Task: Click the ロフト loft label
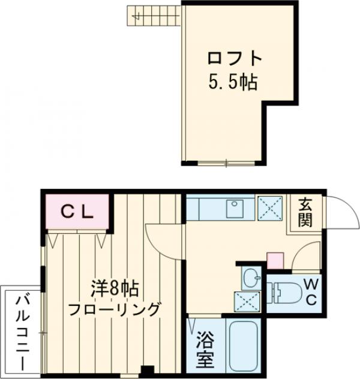tap(235, 59)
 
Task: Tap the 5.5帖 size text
tap(233, 82)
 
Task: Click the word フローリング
tap(115, 309)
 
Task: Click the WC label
tap(311, 292)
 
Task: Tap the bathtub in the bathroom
tap(245, 346)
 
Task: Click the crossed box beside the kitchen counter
tap(271, 209)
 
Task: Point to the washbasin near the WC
tap(251, 277)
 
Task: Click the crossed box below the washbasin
tap(247, 300)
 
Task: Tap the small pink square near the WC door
tap(275, 261)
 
